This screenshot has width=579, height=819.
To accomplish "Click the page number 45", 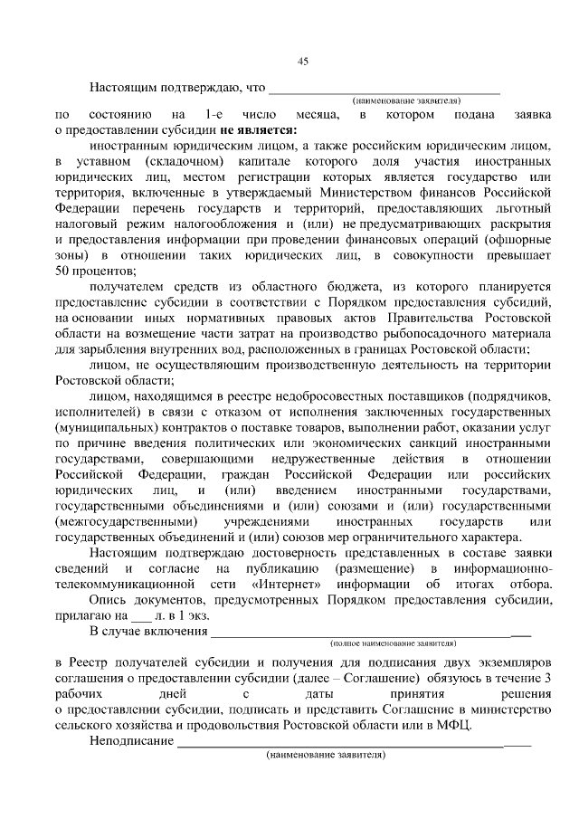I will (x=303, y=61).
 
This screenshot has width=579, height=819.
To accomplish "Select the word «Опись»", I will (x=109, y=601).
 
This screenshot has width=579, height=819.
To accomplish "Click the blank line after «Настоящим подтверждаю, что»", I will (x=384, y=90).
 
